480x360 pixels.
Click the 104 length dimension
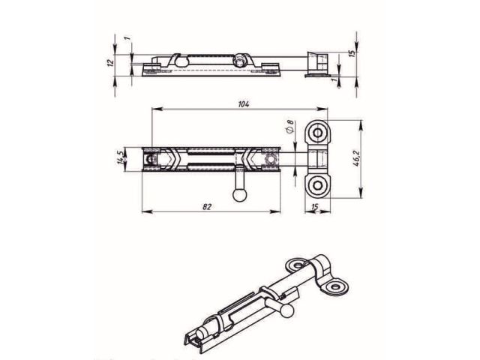[242, 104]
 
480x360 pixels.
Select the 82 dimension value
[206, 206]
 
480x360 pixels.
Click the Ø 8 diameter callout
[289, 128]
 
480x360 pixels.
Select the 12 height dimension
[111, 62]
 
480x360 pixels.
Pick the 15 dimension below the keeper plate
[316, 207]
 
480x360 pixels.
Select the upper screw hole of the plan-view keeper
[317, 134]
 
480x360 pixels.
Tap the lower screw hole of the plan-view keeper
[317, 184]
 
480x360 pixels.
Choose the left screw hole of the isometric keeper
[295, 265]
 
